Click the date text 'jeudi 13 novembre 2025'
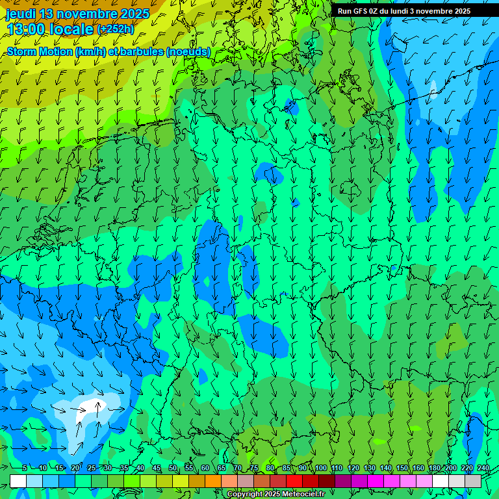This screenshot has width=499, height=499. pos(77,14)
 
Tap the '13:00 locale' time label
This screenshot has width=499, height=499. pos(50,29)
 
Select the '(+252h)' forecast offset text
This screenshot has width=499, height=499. pos(115,29)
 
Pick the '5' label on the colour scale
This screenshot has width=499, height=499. pos(25,468)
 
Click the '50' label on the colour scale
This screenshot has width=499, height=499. pos(173,468)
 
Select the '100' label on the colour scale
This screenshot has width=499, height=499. pos(321,468)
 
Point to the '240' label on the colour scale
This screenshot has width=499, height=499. pos(483,468)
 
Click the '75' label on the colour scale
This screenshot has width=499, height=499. pos(254,468)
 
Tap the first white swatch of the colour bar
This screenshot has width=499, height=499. pos(18,481)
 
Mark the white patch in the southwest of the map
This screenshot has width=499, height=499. pos(88,409)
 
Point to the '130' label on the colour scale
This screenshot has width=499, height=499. pos(370,468)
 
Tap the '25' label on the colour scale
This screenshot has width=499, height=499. pos(92,468)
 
